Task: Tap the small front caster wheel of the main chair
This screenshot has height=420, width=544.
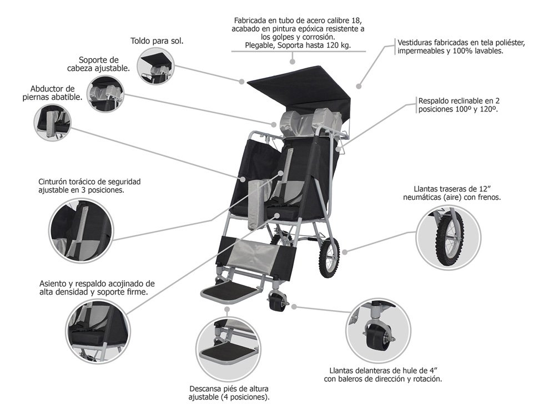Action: click(275, 302)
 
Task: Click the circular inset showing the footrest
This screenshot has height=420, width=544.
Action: click(227, 347)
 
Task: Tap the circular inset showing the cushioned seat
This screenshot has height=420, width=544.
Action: click(96, 327)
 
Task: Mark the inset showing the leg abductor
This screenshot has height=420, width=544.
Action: click(53, 122)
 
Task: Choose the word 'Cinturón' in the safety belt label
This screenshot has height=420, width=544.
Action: click(56, 181)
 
